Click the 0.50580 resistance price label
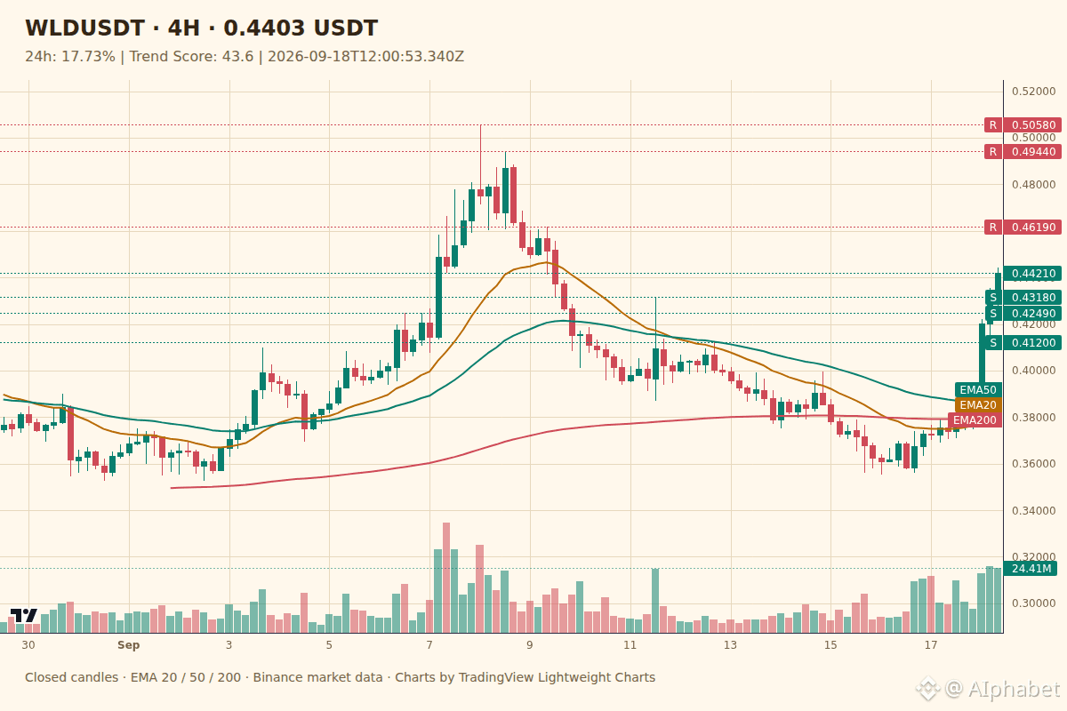(1032, 125)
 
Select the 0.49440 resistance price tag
(1032, 152)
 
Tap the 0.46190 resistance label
(1032, 228)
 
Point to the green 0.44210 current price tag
(1032, 274)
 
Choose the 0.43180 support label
(1032, 297)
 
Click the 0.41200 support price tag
(1032, 342)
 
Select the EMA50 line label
(978, 390)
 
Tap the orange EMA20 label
(978, 404)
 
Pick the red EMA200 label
(975, 420)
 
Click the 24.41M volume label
(1031, 569)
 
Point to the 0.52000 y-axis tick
(1033, 92)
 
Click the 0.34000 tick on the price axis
(1033, 511)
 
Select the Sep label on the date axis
(129, 645)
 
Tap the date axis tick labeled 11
(630, 645)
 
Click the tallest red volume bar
(446, 578)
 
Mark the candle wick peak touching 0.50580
(481, 125)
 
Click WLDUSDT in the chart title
(84, 28)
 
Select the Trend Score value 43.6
(237, 57)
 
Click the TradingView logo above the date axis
(24, 615)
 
